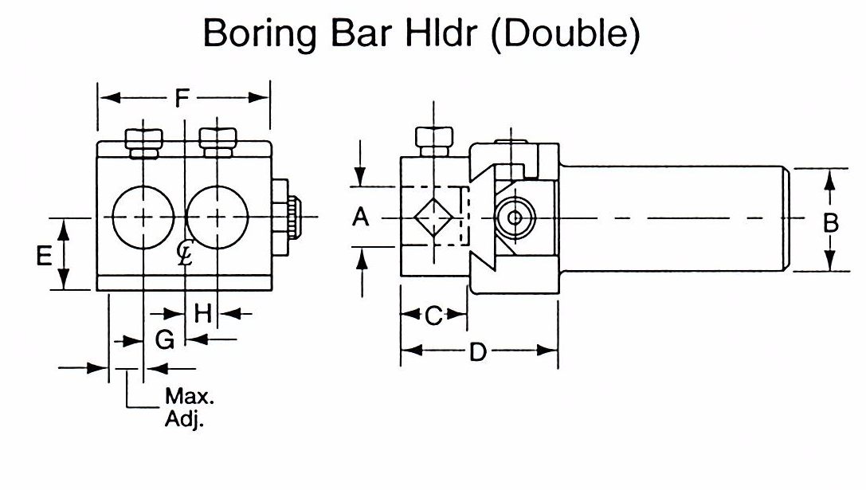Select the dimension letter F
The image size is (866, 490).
pyautogui.click(x=183, y=98)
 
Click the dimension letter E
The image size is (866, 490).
pyautogui.click(x=45, y=255)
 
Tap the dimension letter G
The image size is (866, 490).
pyautogui.click(x=164, y=340)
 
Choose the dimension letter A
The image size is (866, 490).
pyautogui.click(x=361, y=217)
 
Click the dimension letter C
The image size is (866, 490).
pyautogui.click(x=433, y=316)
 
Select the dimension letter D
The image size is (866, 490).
pyautogui.click(x=476, y=351)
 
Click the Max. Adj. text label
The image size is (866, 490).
pyautogui.click(x=184, y=407)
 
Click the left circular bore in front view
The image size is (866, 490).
pyautogui.click(x=143, y=217)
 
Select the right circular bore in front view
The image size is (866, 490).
pyautogui.click(x=217, y=217)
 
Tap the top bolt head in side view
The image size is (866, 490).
pyautogui.click(x=434, y=141)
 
